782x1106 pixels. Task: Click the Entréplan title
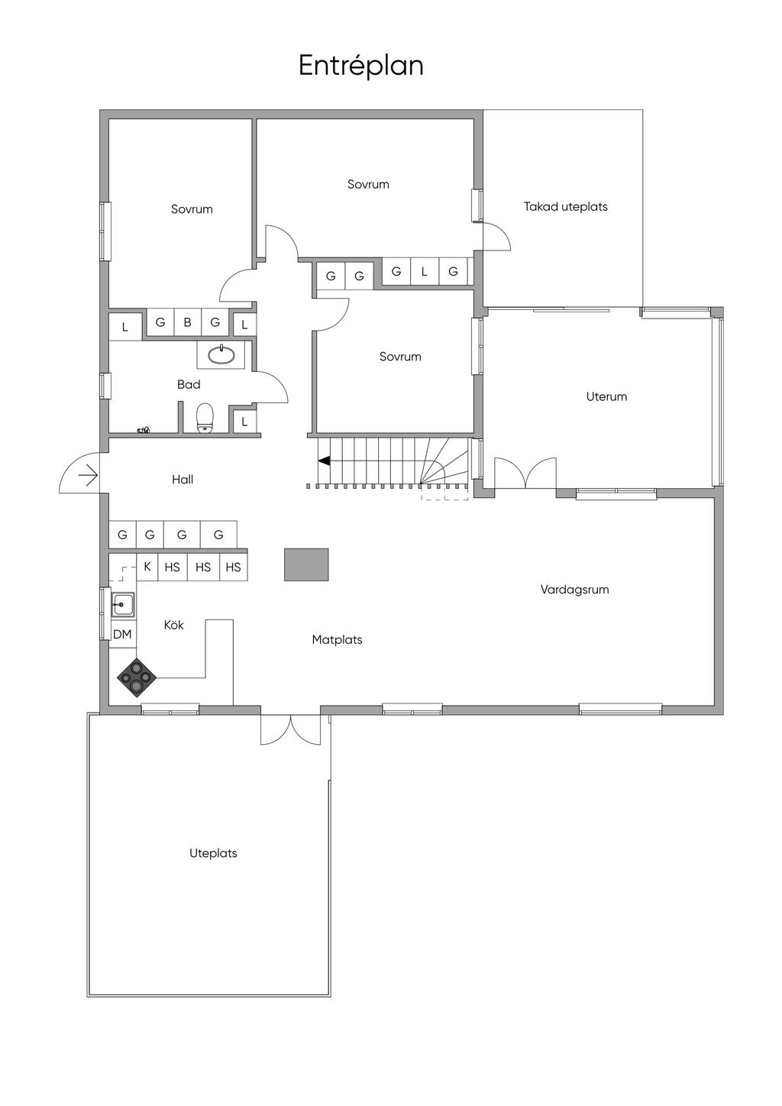point(360,66)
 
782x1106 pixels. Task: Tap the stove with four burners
point(137,676)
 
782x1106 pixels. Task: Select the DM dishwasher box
point(122,634)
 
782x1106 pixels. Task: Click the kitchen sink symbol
point(122,605)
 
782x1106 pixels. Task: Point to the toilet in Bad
point(205,418)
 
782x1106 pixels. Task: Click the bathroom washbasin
point(221,354)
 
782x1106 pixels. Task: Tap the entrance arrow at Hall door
point(88,476)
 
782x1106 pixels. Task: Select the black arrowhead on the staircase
point(325,461)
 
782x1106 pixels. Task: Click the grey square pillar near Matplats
point(306,564)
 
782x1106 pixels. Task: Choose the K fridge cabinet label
point(147,567)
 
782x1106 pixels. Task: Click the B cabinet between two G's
point(187,322)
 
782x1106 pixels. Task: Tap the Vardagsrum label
point(574,590)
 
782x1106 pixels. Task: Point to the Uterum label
point(606,396)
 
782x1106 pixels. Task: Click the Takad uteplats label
point(565,206)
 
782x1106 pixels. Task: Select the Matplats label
point(337,640)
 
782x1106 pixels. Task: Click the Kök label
point(174,625)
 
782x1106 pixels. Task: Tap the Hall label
point(183,480)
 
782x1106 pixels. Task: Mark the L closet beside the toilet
point(244,421)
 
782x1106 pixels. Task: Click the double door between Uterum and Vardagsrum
point(525,474)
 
